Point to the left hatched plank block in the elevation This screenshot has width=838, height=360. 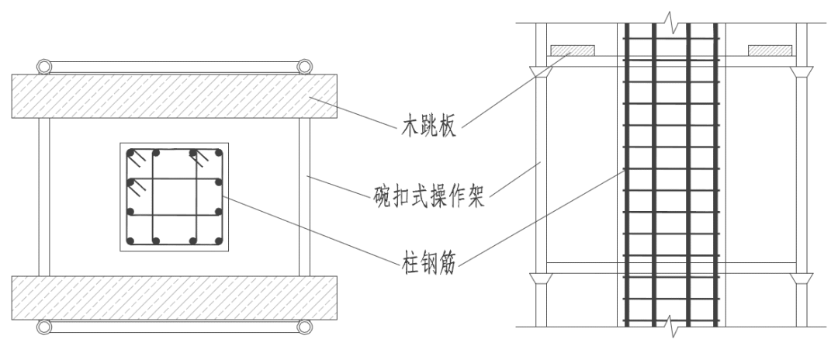pyautogui.click(x=573, y=51)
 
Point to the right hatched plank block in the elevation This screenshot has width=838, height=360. pyautogui.click(x=769, y=51)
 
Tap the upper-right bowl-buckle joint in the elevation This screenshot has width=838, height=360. pyautogui.click(x=802, y=71)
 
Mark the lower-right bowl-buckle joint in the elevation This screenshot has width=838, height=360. pyautogui.click(x=802, y=277)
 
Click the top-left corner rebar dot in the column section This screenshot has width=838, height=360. pyautogui.click(x=132, y=152)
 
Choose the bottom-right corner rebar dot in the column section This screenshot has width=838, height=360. pyautogui.click(x=219, y=241)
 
